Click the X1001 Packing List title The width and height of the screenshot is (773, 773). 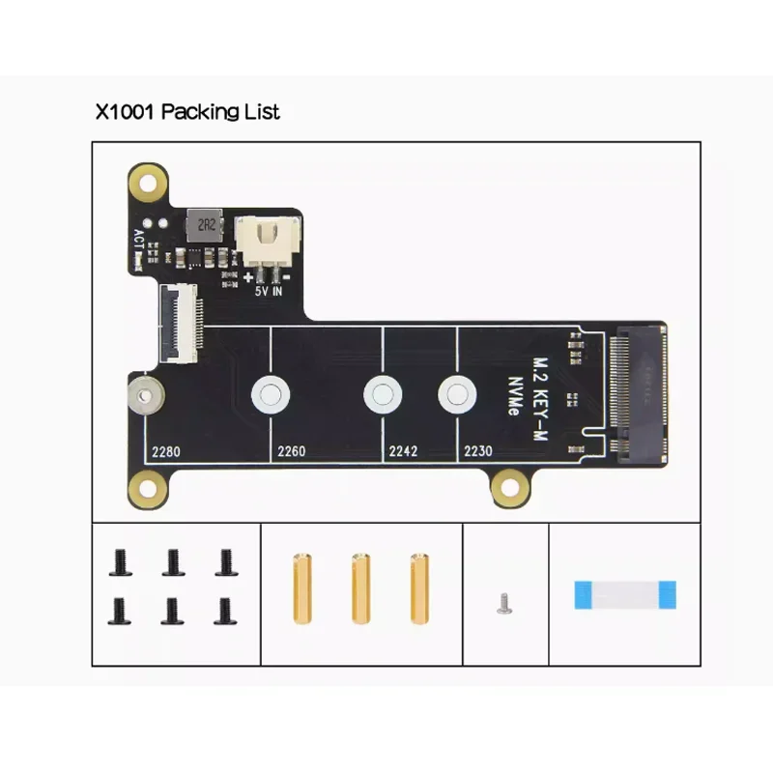click(187, 112)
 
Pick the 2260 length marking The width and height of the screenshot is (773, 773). click(291, 451)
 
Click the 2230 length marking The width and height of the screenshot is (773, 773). click(477, 451)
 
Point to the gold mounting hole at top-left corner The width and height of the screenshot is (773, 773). click(147, 181)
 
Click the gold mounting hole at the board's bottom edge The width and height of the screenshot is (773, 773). click(507, 489)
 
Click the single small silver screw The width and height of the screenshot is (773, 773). click(502, 604)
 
